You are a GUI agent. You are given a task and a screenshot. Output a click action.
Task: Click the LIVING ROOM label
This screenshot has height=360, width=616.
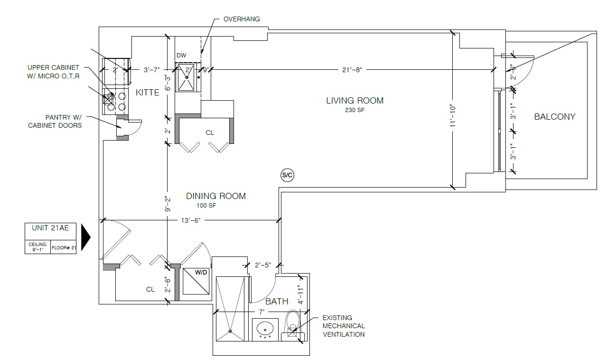point(355,101)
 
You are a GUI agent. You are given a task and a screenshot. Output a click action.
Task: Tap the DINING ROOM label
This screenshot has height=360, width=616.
point(216,196)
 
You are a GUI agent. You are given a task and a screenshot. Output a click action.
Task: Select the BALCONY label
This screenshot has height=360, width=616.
point(555,117)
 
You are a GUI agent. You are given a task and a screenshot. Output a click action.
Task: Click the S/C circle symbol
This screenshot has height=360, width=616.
point(288,175)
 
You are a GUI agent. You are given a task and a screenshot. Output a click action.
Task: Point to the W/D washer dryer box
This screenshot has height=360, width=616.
point(196,281)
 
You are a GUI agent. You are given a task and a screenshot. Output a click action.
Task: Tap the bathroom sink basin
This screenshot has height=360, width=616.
point(265,328)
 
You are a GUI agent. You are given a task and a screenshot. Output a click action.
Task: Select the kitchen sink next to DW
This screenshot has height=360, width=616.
point(187,77)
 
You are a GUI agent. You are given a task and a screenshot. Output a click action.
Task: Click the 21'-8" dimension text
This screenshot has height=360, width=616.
point(352,70)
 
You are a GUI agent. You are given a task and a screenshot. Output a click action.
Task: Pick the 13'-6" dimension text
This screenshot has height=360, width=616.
point(191,220)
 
